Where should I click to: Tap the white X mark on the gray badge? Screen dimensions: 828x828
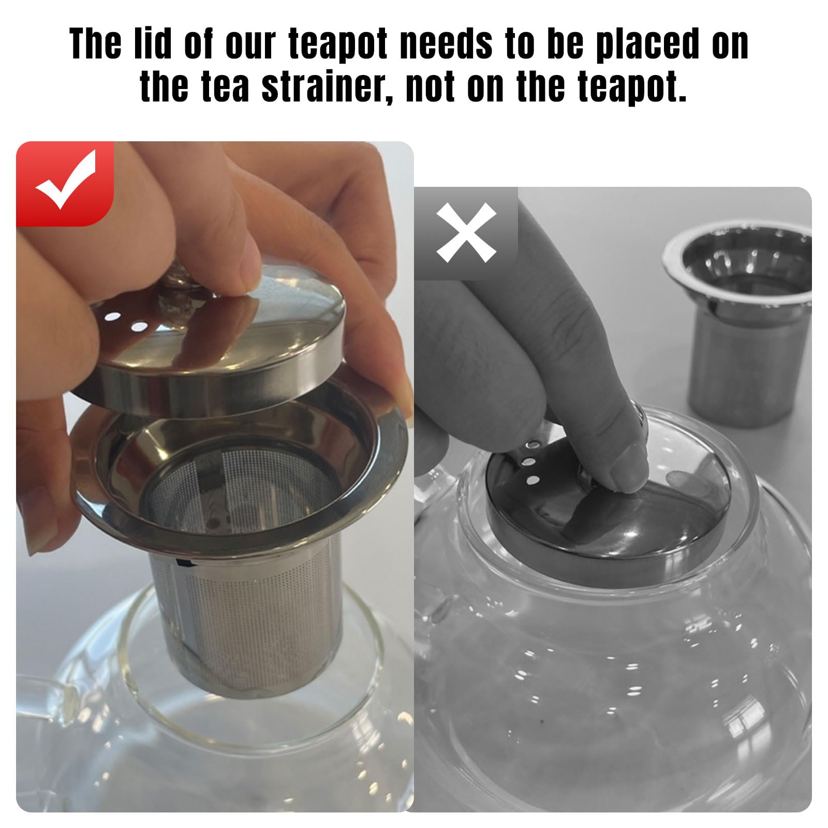tap(466, 232)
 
